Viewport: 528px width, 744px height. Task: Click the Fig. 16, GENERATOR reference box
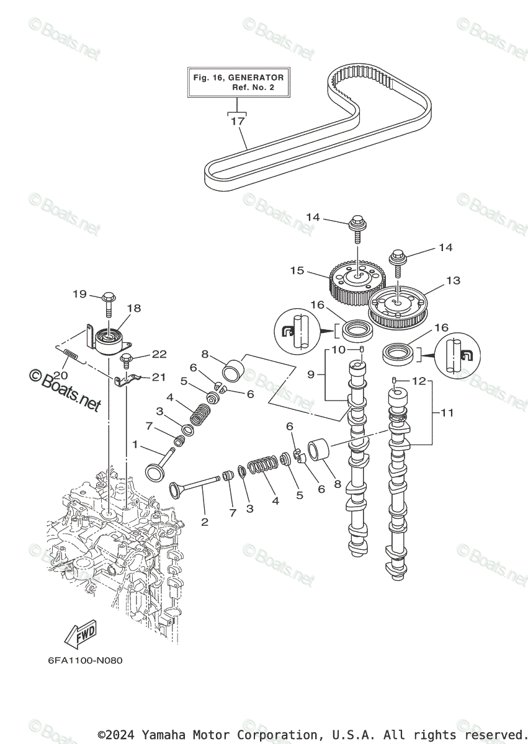coord(238,82)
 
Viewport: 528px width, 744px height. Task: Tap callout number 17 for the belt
coord(238,122)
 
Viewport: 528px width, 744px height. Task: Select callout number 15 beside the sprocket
coord(297,270)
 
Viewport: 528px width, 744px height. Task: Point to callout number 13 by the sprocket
coord(453,281)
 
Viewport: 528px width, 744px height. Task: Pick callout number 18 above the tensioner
coord(134,308)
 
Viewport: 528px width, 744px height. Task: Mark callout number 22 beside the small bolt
coord(159,354)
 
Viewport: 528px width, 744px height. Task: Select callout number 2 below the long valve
coord(205,522)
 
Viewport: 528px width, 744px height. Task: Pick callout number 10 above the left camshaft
coord(338,350)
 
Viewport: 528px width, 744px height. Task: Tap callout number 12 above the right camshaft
coord(419,381)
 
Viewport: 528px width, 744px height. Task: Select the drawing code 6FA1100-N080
coord(85,660)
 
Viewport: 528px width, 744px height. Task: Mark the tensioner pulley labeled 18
coord(110,342)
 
